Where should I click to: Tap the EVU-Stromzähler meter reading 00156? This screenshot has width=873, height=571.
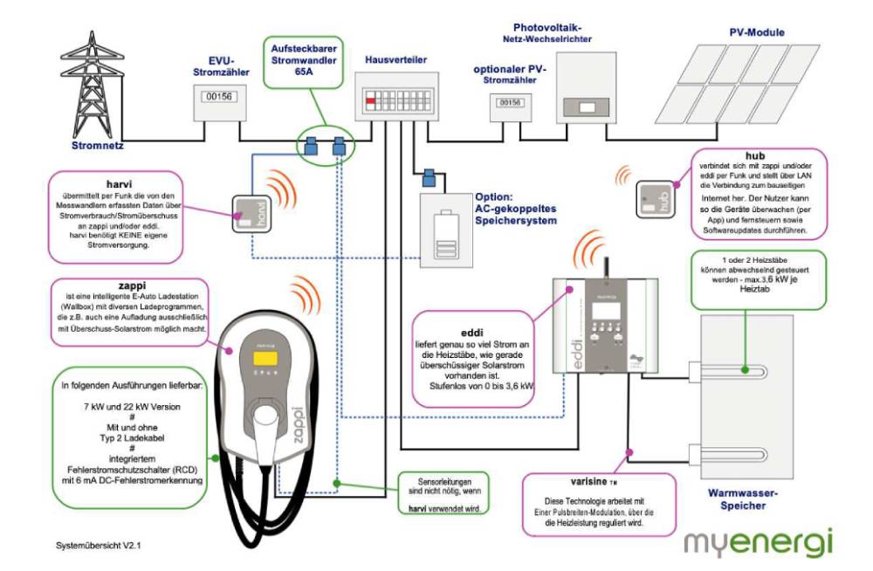219,97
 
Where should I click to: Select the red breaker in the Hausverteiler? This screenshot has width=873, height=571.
370,100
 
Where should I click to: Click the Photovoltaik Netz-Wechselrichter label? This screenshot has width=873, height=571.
547,33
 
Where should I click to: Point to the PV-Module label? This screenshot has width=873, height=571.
757,32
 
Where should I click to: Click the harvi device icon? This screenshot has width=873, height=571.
251,213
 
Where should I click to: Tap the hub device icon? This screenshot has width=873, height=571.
655,198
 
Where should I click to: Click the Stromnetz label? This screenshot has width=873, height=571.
98,146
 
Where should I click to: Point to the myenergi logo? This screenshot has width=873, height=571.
759,542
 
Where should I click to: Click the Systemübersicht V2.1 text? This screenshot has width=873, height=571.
98,546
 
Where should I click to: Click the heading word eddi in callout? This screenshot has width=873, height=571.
471,334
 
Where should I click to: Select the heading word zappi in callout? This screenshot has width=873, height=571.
132,285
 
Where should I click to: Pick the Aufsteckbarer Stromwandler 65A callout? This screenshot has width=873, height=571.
304,62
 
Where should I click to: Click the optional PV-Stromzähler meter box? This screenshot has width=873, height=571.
511,107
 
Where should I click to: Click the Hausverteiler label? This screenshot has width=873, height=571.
395,59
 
